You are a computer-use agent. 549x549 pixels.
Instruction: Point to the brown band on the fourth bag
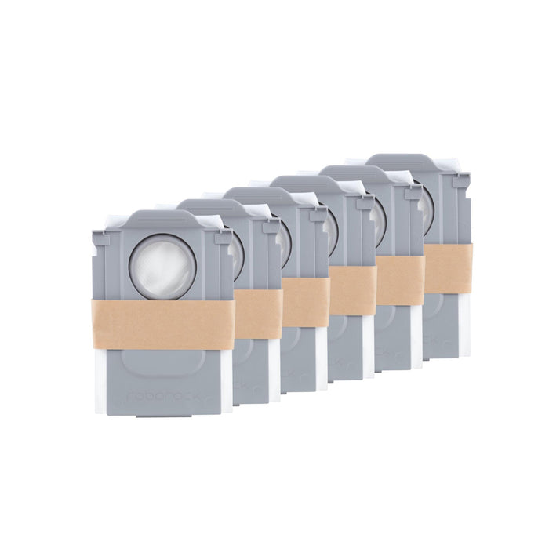click(x=352, y=290)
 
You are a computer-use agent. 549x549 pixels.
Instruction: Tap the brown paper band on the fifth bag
click(x=400, y=280)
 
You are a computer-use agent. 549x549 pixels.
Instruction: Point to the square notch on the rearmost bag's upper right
click(x=464, y=182)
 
